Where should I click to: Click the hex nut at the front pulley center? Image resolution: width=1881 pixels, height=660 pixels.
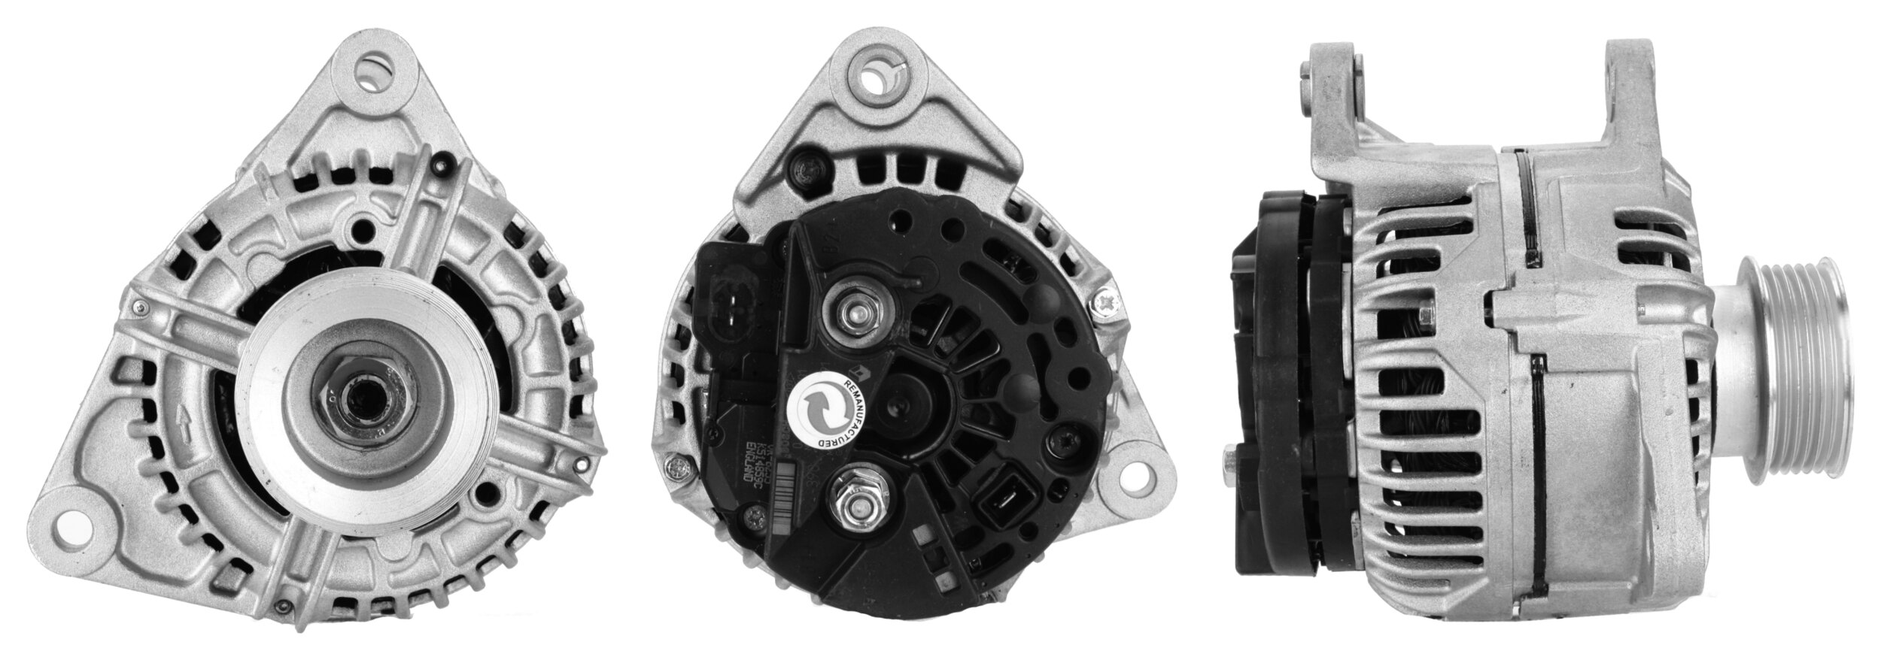(x=360, y=395)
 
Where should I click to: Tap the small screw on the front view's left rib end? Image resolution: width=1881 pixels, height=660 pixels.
(x=139, y=306)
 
